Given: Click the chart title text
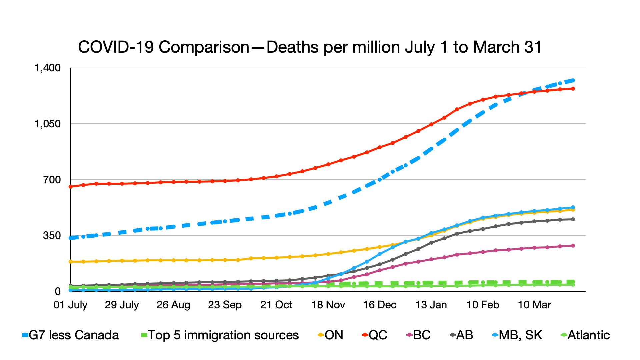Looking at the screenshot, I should point(310,47).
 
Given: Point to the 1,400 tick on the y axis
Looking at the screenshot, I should point(48,68).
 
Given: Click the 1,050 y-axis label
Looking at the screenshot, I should point(48,124).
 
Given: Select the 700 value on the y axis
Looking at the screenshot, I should point(52,180).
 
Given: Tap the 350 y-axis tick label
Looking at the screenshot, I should point(52,235).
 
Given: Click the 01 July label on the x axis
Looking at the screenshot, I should point(70,305).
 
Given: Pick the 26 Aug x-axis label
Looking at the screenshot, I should point(173,305).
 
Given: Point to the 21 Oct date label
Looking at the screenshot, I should point(276,305).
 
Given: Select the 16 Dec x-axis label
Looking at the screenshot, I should point(380,305).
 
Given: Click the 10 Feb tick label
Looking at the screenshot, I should point(483,305).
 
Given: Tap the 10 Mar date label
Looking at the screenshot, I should point(534,305).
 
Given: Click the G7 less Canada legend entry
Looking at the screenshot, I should point(70,335).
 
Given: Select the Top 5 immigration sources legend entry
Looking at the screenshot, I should point(220,335).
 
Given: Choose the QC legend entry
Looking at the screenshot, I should point(375,335).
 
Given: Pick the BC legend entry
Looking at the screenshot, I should point(419,335).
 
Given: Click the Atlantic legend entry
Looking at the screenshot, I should point(585,335).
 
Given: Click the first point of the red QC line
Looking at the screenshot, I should point(71,187).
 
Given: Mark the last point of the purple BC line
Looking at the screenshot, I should point(573,246).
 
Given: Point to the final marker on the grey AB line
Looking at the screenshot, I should point(573,219).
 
